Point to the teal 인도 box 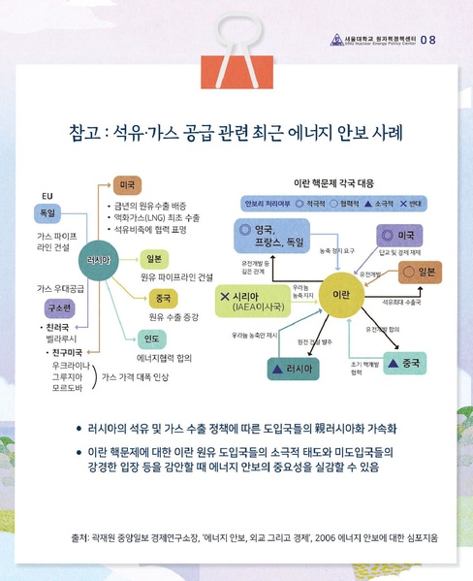point(150,339)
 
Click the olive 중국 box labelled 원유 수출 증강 point(163,299)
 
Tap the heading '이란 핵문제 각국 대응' point(333,181)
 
